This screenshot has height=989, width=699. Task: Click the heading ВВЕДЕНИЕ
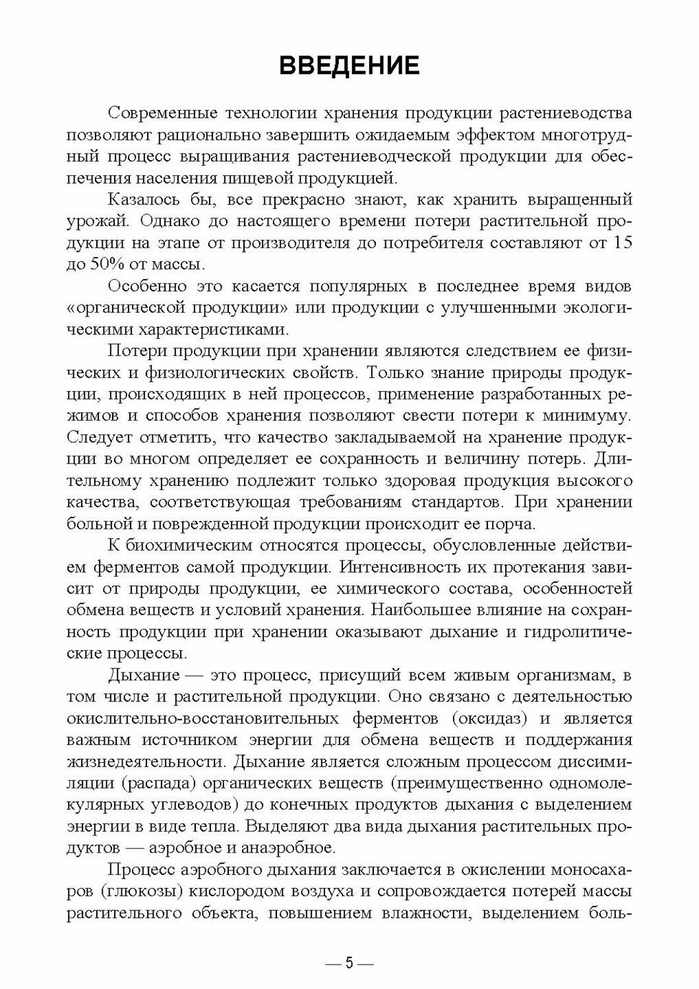349,67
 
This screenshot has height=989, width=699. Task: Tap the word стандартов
446,502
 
